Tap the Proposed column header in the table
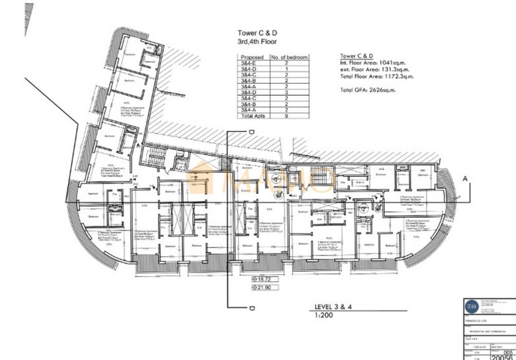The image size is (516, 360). point(252,57)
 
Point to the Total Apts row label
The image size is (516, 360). point(252,116)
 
